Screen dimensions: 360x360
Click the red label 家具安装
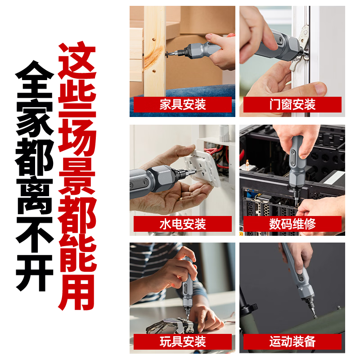click(x=183, y=105)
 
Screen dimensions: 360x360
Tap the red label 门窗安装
click(x=292, y=105)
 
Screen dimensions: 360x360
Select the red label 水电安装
click(x=183, y=224)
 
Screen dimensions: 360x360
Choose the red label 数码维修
click(x=292, y=224)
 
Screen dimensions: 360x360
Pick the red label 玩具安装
click(x=183, y=342)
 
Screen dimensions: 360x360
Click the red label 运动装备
click(x=292, y=342)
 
